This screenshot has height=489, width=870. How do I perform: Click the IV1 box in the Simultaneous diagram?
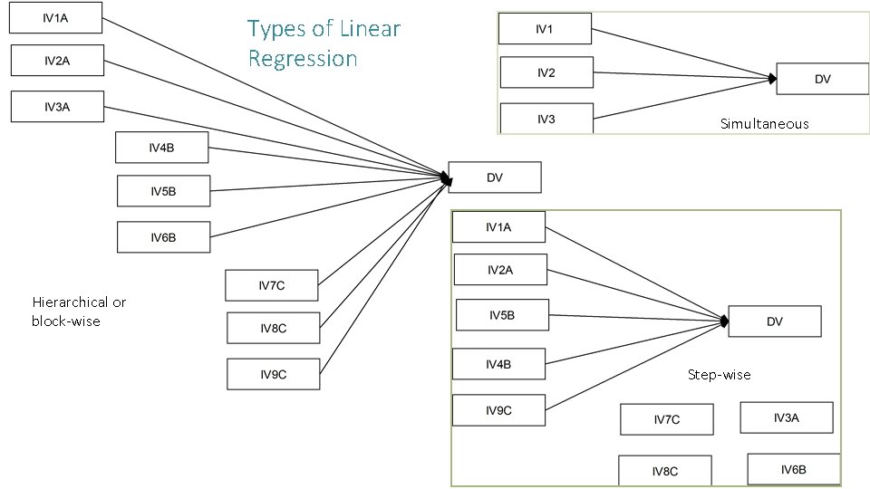pyautogui.click(x=545, y=29)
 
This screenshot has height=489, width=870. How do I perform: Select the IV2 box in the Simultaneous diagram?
pyautogui.click(x=546, y=72)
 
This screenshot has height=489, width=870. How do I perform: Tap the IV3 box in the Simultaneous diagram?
pyautogui.click(x=546, y=119)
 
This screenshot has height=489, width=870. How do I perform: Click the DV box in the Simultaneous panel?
pyautogui.click(x=822, y=79)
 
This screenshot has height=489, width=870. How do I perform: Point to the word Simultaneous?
pyautogui.click(x=764, y=123)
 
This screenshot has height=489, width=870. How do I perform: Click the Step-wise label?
pyautogui.click(x=719, y=374)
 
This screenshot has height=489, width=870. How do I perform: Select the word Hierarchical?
pyautogui.click(x=70, y=302)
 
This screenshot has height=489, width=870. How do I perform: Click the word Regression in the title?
pyautogui.click(x=303, y=59)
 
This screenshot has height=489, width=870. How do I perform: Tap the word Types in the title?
pyautogui.click(x=277, y=29)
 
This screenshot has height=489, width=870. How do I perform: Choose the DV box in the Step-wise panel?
pyautogui.click(x=775, y=321)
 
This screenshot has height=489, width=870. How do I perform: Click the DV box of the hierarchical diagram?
pyautogui.click(x=495, y=177)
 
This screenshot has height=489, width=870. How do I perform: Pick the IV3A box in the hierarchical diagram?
pyautogui.click(x=57, y=107)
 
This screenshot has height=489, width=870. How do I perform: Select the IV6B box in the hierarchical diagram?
pyautogui.click(x=163, y=237)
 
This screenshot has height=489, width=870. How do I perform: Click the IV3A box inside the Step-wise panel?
pyautogui.click(x=786, y=417)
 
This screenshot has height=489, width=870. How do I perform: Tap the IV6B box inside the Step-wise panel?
pyautogui.click(x=793, y=469)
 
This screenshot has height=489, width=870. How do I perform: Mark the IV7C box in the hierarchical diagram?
pyautogui.click(x=272, y=285)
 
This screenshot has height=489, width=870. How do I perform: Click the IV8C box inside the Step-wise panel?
pyautogui.click(x=665, y=471)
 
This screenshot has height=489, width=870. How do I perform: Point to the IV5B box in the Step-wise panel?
pyautogui.click(x=502, y=315)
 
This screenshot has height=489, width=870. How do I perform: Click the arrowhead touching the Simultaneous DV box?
pyautogui.click(x=772, y=79)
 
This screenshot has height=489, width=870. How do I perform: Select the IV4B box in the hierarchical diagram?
pyautogui.click(x=162, y=147)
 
